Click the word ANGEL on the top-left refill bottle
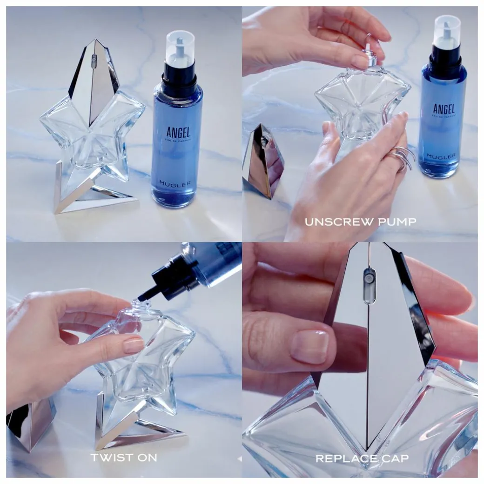tap(178, 132)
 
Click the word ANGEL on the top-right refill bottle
tap(444, 109)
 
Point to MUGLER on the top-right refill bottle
tap(441, 156)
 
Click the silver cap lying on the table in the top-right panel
tap(262, 161)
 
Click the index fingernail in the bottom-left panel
tap(134, 345)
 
